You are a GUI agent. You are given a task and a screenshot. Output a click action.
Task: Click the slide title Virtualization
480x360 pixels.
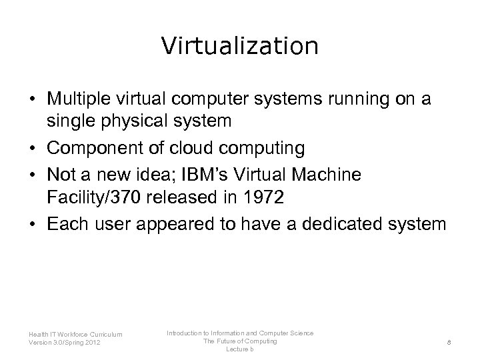240,45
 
